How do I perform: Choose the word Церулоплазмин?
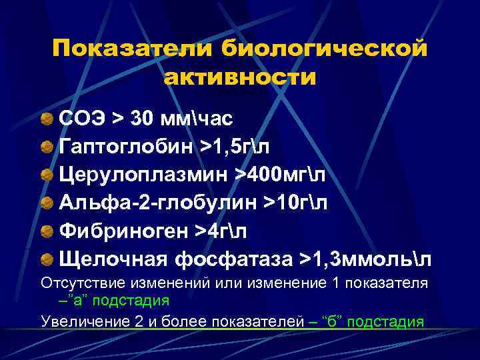[x=141, y=174]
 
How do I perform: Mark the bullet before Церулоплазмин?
[x=47, y=175]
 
